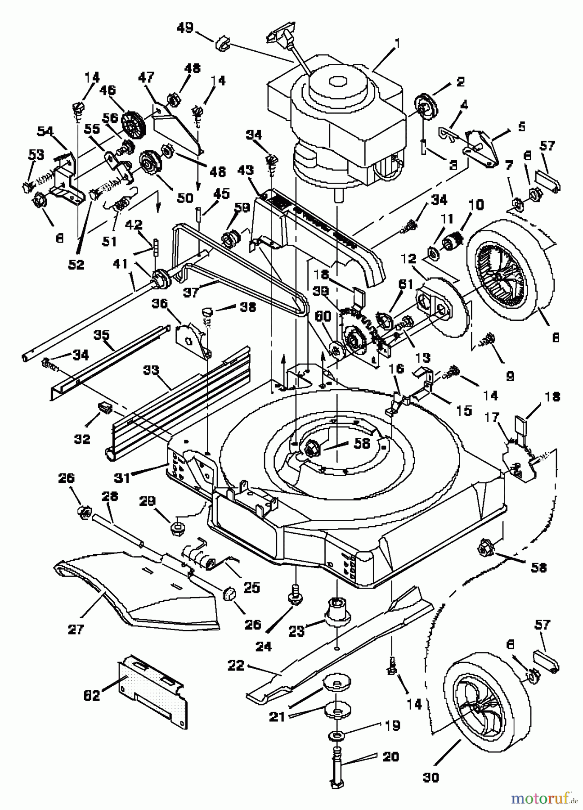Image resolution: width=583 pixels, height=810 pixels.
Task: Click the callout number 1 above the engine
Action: point(397,44)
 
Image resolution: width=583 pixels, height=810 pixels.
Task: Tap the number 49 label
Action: point(185,28)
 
